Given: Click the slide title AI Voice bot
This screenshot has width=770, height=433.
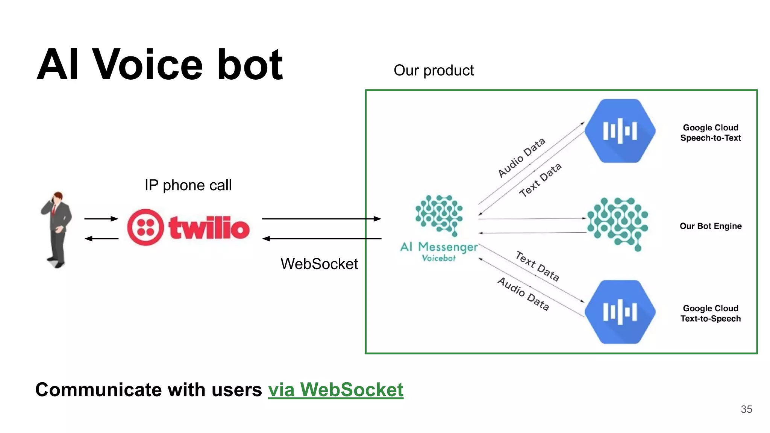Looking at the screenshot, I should (x=160, y=65).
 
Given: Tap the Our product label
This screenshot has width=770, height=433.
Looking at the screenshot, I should (x=434, y=70).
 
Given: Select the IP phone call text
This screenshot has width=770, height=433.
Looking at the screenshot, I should (x=188, y=185).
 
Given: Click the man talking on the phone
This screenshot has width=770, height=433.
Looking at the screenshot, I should (x=57, y=229).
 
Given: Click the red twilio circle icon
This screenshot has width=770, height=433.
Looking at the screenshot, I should (x=146, y=227).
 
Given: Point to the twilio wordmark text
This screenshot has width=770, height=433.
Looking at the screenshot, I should (x=209, y=227).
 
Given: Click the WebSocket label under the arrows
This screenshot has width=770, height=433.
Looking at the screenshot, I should (x=319, y=264).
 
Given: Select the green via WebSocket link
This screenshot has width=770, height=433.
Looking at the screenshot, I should (x=335, y=389).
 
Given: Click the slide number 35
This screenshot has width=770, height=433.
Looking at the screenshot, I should (x=746, y=409).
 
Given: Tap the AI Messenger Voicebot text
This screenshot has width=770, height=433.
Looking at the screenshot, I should (x=439, y=251).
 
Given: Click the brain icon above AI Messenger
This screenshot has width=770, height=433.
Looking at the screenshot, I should (x=439, y=215).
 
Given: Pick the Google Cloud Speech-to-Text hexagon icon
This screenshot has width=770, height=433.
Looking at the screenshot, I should (x=620, y=131).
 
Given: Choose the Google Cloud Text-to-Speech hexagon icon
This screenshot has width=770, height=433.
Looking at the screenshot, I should (x=620, y=312).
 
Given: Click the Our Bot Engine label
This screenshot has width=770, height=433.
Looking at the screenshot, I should (x=711, y=226).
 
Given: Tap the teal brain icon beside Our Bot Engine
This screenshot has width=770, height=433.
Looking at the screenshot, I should (x=618, y=224).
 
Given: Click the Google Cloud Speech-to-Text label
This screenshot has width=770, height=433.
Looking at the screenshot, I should (x=710, y=133).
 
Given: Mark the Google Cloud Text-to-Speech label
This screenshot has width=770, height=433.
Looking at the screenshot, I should (x=710, y=313).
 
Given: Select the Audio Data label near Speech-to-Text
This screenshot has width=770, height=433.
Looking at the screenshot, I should (x=521, y=157).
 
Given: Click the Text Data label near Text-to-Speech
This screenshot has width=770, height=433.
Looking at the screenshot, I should (x=537, y=266).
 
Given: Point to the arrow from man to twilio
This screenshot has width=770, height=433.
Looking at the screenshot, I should (x=101, y=218).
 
